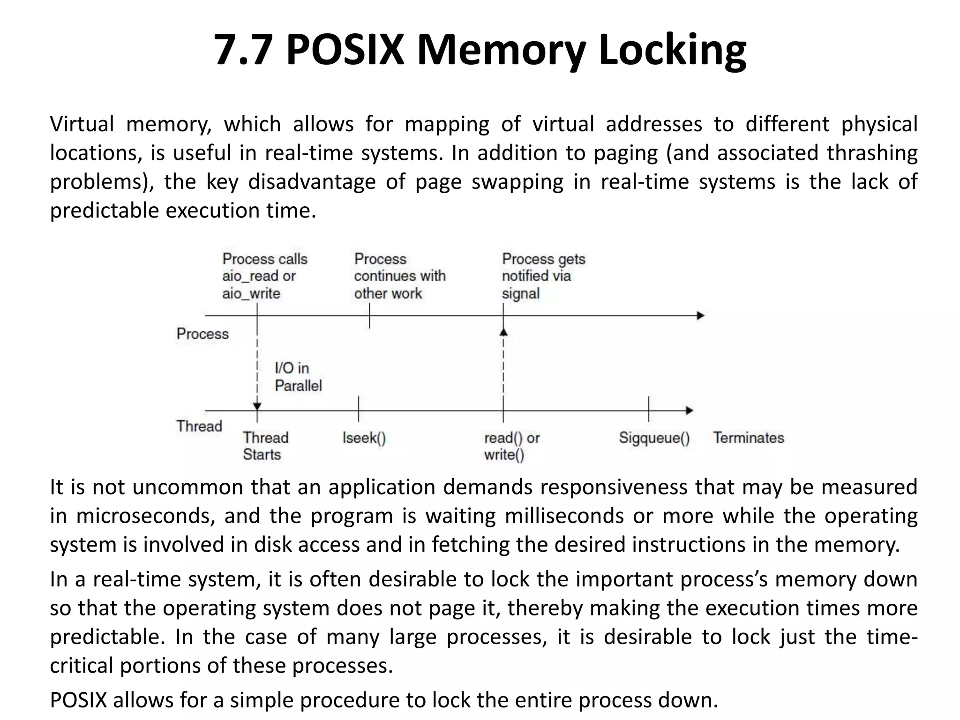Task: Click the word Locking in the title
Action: pyautogui.click(x=672, y=51)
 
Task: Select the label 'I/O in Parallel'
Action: pyautogui.click(x=298, y=377)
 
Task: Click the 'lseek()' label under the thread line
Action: pyautogui.click(x=364, y=438)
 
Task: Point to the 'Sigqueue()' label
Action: pyautogui.click(x=654, y=438)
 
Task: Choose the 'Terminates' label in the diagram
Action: pyautogui.click(x=748, y=438)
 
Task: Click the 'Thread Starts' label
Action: pyautogui.click(x=265, y=446)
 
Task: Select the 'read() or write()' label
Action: pyautogui.click(x=511, y=446)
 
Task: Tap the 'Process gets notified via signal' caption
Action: pyautogui.click(x=543, y=276)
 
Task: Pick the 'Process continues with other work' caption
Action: pyautogui.click(x=399, y=276)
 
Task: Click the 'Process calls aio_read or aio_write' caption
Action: pyautogui.click(x=264, y=276)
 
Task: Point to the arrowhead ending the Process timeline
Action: pyautogui.click(x=701, y=315)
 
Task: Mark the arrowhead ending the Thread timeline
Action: pyautogui.click(x=690, y=411)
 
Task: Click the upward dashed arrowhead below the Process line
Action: pyautogui.click(x=503, y=332)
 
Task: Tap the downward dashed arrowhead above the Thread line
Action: pyautogui.click(x=257, y=406)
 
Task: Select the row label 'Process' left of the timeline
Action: pyautogui.click(x=202, y=334)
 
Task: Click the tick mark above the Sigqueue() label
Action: pyautogui.click(x=649, y=409)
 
